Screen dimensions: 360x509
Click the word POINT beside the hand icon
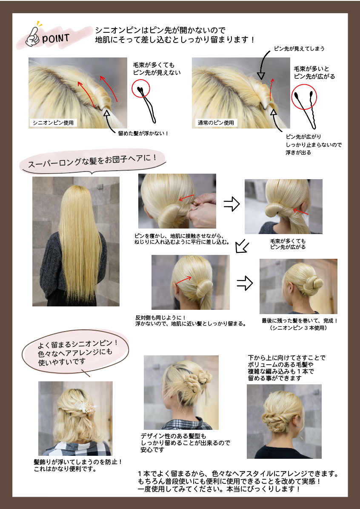[x=56, y=38]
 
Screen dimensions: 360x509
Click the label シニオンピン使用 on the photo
[x=53, y=123]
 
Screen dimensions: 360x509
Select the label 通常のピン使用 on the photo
[x=216, y=123]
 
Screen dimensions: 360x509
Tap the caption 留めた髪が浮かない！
[x=143, y=133]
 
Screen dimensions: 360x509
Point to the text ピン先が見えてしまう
[x=299, y=49]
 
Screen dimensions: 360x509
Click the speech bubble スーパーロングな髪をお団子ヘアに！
[x=92, y=161]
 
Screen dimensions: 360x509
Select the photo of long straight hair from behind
[x=76, y=241]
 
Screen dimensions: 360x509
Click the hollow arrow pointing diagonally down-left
[x=242, y=246]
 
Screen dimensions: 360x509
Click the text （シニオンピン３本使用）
[x=298, y=328]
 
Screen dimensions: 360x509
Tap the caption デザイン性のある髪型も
[x=173, y=436]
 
